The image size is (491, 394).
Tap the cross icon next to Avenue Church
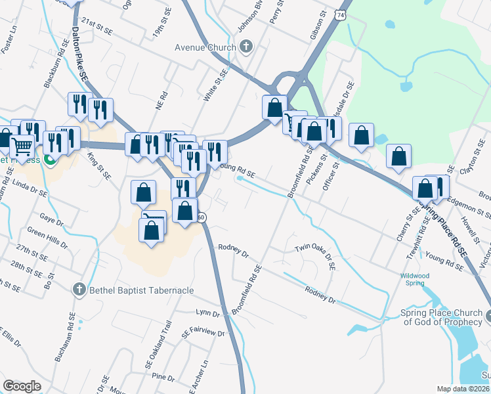tap(246, 47)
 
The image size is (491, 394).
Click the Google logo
tap(22, 386)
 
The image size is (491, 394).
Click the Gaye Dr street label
tap(49, 216)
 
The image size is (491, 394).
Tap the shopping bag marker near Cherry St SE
tap(426, 188)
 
